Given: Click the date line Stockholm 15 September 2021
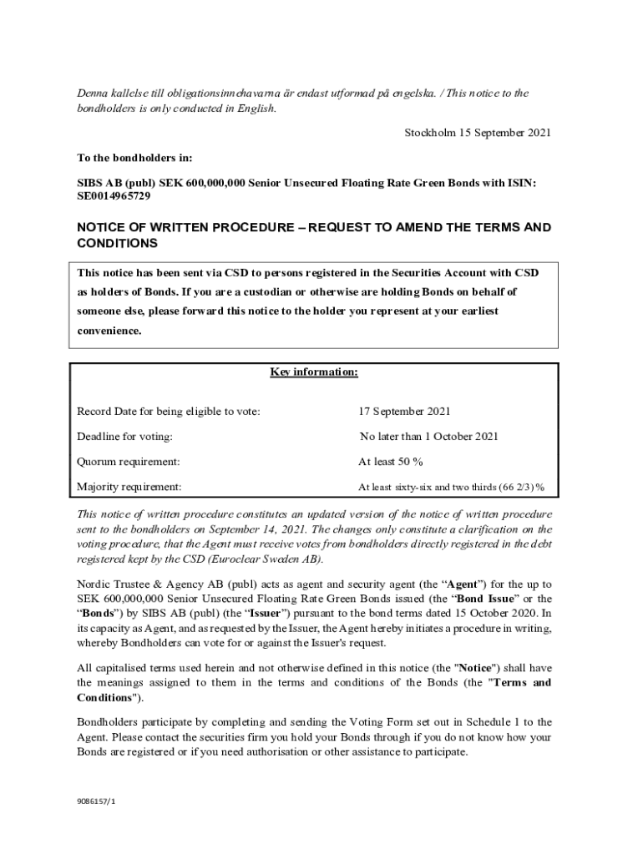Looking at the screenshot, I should coord(478,133).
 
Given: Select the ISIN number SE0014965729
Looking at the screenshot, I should coord(114,197).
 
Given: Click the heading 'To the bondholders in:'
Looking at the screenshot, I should coord(134,157).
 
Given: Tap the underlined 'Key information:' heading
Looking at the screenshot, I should coord(314,372).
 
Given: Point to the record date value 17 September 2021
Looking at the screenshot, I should coord(404,411).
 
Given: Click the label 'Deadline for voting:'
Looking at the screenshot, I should coord(124,436).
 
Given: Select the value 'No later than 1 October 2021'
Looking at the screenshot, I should coord(428,436).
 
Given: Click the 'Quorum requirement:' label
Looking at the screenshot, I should coord(128,461).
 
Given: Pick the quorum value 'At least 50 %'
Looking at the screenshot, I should coord(390,461).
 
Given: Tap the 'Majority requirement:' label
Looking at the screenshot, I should coord(129,487).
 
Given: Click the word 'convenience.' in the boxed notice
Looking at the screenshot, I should coord(109,331).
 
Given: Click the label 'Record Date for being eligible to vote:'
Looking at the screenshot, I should coord(168,411).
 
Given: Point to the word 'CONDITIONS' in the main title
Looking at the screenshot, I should coord(118,243).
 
